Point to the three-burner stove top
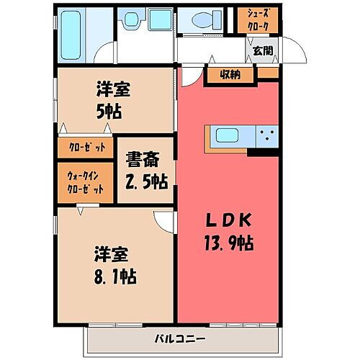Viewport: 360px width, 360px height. click(x=269, y=135)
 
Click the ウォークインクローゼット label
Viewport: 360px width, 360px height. click(x=86, y=181)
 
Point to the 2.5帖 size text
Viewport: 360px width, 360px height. click(x=145, y=181)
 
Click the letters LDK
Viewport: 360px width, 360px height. click(x=227, y=220)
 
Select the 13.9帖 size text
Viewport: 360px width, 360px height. click(x=228, y=243)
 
